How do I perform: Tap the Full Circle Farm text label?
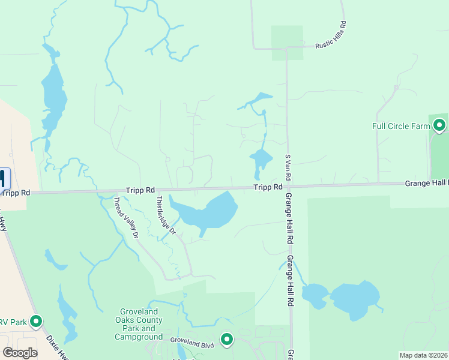[402, 126]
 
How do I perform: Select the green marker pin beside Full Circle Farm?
[439, 125]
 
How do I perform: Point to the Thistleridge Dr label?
[166, 214]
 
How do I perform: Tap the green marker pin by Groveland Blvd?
[227, 340]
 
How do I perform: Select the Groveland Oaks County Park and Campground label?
[139, 324]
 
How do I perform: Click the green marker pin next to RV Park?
[36, 322]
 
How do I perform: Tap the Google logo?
[20, 353]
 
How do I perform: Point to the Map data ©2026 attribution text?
[423, 355]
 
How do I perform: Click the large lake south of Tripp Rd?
[207, 213]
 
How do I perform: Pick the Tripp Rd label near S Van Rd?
[268, 187]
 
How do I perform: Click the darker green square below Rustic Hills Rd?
[287, 43]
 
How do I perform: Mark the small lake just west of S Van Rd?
[261, 159]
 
